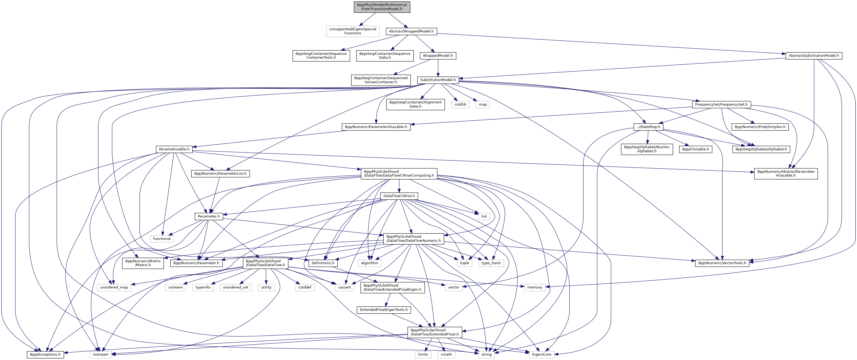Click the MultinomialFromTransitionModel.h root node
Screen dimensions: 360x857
click(x=382, y=7)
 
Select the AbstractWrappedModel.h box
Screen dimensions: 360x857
click(x=411, y=31)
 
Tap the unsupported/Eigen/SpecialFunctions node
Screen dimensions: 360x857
click(x=353, y=31)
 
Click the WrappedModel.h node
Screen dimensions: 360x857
click(x=438, y=56)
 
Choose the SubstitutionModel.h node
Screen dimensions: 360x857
click(x=438, y=80)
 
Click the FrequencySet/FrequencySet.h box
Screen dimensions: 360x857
click(x=721, y=105)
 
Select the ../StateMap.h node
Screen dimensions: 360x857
click(x=648, y=127)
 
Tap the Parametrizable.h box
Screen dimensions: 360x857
click(x=174, y=149)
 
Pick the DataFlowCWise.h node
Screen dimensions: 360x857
click(x=399, y=196)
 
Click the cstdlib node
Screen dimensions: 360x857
click(x=460, y=105)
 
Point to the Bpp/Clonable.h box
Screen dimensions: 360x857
click(x=695, y=149)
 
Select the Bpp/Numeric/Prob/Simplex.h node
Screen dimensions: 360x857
click(x=760, y=127)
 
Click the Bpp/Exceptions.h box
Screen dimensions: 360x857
click(x=45, y=354)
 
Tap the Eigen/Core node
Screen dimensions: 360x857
click(x=541, y=354)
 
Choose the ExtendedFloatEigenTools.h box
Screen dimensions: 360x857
click(x=383, y=310)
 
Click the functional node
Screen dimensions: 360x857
click(x=162, y=239)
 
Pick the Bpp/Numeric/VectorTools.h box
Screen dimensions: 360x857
click(x=722, y=263)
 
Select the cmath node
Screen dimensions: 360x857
click(x=446, y=354)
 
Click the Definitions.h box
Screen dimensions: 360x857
click(x=323, y=263)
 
